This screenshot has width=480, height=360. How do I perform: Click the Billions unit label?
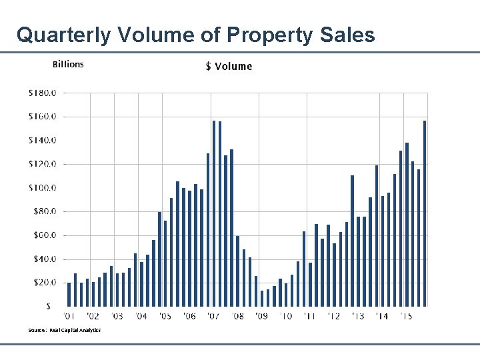(x=68, y=64)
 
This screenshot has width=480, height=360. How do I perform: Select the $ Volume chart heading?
(x=229, y=66)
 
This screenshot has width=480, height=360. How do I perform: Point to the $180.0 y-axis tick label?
(x=42, y=93)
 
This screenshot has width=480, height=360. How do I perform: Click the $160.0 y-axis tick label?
(x=42, y=117)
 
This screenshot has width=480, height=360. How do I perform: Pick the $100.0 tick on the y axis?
(x=42, y=188)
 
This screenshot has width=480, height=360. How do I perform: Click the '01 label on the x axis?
(x=69, y=316)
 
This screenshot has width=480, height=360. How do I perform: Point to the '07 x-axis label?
(x=213, y=316)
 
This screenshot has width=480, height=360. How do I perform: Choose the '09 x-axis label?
(x=261, y=316)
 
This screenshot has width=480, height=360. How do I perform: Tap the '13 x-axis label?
(x=358, y=316)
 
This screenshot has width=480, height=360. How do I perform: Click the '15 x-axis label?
(x=406, y=316)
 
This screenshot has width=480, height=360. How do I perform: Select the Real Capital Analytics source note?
(x=65, y=330)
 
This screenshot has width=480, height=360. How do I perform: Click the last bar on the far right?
(x=425, y=213)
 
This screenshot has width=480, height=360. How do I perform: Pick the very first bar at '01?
(x=69, y=295)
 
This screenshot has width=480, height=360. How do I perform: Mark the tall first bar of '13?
(x=353, y=241)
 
